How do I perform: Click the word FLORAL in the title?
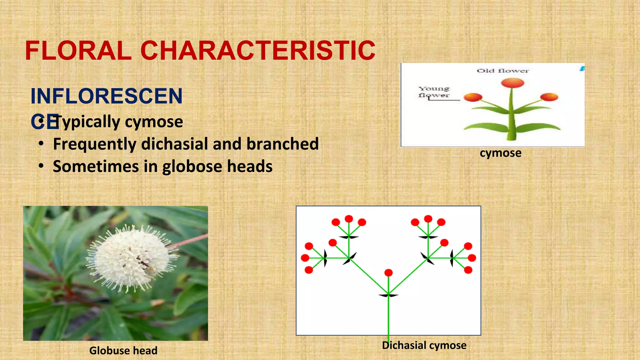78,51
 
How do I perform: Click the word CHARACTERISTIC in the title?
258,51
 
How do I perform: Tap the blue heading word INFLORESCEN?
106,96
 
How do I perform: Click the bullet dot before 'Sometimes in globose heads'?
41,166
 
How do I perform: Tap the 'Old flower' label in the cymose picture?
502,71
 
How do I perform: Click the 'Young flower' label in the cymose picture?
434,92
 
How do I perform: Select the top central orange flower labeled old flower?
512,83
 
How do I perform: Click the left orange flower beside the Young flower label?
473,97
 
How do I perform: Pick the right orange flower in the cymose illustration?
549,97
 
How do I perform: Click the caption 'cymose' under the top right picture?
500,153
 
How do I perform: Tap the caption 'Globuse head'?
123,351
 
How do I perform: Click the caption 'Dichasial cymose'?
424,345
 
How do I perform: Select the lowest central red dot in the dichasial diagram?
388,273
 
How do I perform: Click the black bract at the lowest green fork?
388,295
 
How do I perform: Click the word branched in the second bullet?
282,144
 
